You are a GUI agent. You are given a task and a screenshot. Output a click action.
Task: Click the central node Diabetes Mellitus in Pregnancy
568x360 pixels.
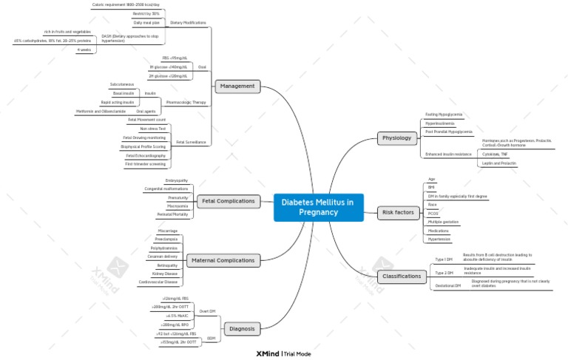pos(317,207)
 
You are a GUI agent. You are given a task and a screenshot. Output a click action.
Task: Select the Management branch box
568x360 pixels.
pos(238,86)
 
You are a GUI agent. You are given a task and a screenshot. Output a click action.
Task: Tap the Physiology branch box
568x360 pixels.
pos(397,138)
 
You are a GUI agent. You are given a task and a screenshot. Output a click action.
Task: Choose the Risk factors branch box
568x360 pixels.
pos(398,213)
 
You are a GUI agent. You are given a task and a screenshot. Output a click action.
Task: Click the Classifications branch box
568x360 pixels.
pos(402,276)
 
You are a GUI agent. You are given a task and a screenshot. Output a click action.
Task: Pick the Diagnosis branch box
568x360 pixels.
pos(242,328)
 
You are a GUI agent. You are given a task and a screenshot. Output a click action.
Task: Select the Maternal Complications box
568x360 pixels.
pos(222,260)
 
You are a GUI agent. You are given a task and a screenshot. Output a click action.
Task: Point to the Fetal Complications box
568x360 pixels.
pos(229,200)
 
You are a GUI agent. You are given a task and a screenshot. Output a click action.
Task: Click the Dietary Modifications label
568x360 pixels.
pos(188,23)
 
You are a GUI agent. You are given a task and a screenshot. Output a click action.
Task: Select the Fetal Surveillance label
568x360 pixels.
pos(192,142)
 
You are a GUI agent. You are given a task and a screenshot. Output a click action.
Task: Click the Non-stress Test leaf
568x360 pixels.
pos(152,129)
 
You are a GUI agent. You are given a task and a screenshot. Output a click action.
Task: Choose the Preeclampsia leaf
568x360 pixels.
pos(166,239)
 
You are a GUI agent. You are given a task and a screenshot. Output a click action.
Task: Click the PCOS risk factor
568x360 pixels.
pos(433,213)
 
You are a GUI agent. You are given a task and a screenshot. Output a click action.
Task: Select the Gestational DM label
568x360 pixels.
pos(447,285)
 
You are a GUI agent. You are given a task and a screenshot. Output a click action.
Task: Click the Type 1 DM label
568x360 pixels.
pos(444,259)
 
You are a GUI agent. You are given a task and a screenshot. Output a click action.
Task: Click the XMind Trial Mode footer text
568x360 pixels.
pos(283,353)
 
